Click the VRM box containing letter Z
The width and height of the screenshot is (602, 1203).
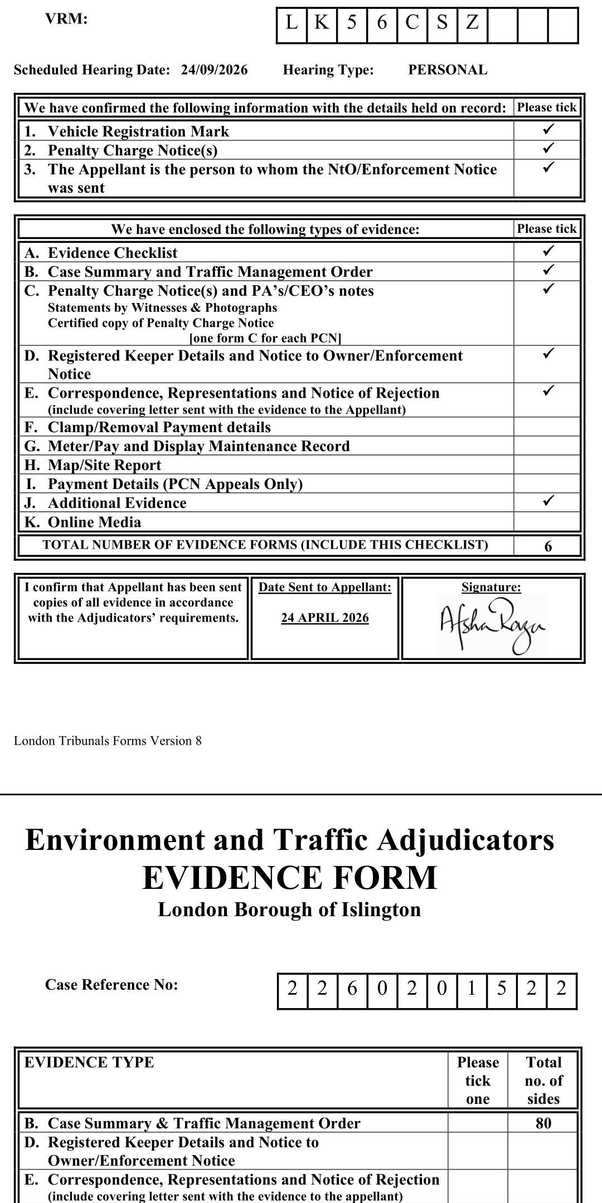472,23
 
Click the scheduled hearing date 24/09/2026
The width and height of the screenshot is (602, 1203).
214,70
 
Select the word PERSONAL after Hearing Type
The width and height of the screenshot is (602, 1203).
448,70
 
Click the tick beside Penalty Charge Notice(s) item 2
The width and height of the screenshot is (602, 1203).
548,149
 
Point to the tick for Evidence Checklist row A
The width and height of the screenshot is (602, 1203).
548,251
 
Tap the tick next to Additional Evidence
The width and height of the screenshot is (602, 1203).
548,501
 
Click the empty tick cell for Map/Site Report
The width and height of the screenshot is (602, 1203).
547,465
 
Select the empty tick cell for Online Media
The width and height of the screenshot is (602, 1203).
547,522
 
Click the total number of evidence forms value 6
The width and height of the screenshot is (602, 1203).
548,546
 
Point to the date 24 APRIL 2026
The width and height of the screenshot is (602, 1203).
325,618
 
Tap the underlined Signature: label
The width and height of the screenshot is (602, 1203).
491,587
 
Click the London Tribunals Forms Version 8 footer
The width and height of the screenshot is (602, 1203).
108,741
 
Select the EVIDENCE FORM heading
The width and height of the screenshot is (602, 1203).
289,878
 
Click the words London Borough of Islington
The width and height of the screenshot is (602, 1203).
289,909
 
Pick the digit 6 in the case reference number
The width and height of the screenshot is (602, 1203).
352,989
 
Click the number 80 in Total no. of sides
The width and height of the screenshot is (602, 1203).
543,1123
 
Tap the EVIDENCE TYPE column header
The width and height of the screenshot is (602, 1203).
89,1062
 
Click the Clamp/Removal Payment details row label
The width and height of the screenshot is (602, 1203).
159,427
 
